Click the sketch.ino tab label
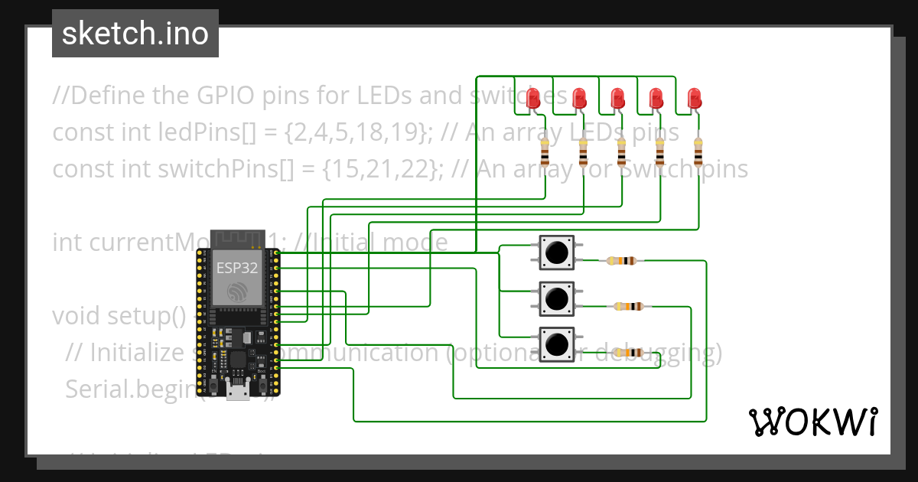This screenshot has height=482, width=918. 135,34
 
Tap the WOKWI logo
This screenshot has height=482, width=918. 812,422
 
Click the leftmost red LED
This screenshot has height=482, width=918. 534,98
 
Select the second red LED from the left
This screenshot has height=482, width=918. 580,98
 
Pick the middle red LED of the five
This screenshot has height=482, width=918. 617,98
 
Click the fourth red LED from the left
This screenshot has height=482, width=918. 656,98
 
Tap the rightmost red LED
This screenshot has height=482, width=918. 694,98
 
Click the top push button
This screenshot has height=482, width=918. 557,252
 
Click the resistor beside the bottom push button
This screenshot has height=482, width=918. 629,353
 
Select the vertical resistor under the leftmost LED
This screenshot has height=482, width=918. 545,152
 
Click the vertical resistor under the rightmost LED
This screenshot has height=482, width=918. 698,152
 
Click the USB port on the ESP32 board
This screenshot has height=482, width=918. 237,392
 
